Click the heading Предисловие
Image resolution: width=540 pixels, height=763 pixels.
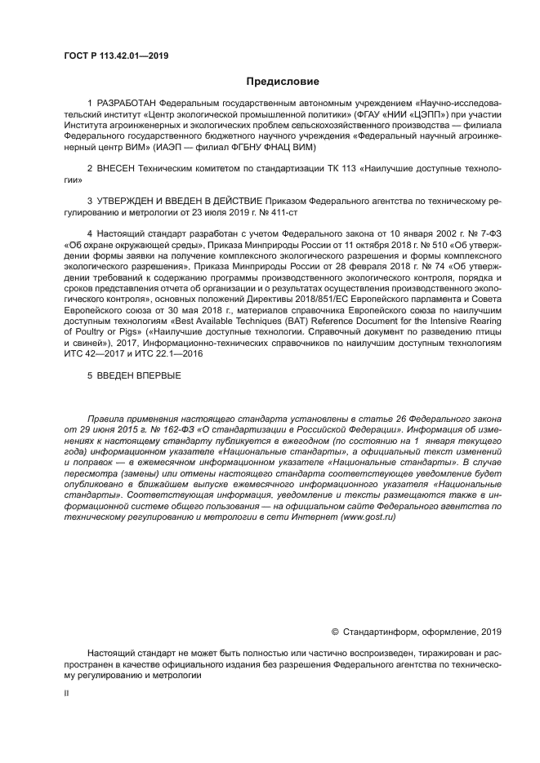pyautogui.click(x=283, y=82)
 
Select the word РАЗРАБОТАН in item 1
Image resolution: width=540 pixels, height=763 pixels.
pyautogui.click(x=127, y=104)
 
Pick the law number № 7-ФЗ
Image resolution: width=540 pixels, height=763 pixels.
pyautogui.click(x=480, y=235)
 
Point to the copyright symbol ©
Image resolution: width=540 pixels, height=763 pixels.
pyautogui.click(x=335, y=632)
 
